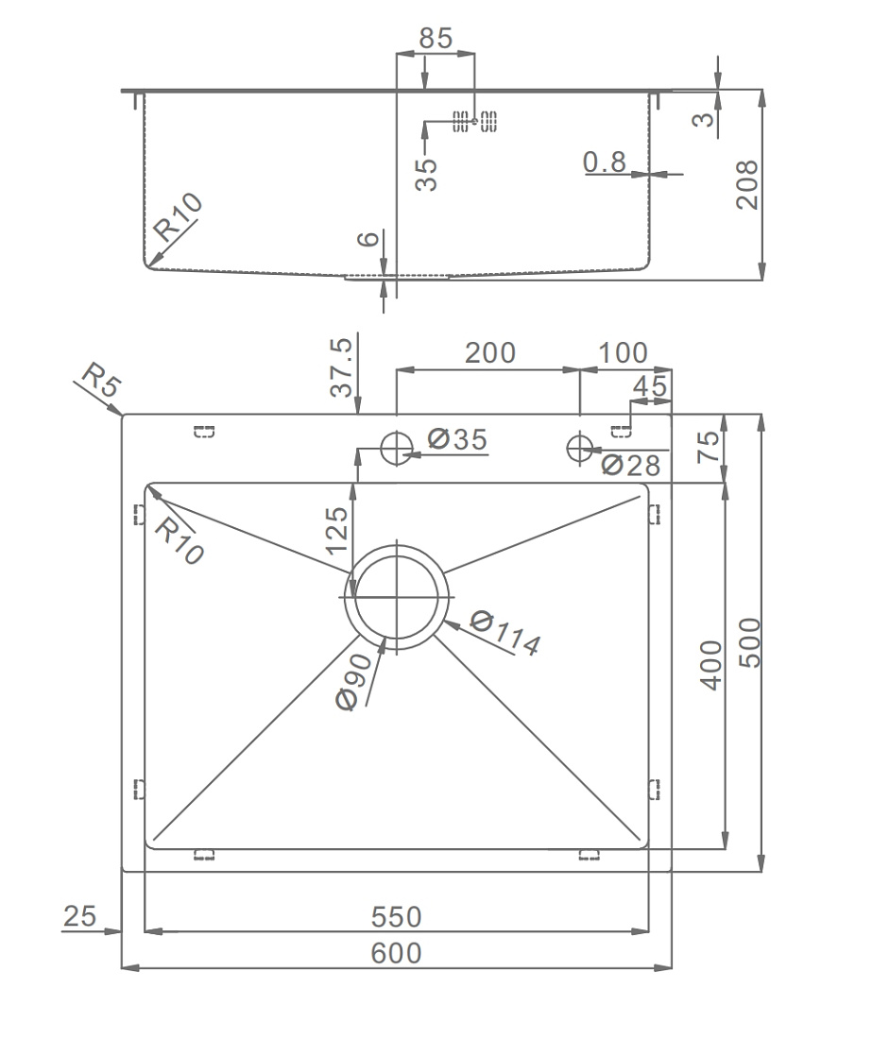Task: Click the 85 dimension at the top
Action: tap(436, 39)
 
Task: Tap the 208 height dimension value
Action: tap(747, 185)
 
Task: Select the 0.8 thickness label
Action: tap(604, 162)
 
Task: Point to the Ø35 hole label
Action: tap(457, 438)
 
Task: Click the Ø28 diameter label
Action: tap(630, 465)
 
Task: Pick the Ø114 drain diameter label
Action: tap(505, 633)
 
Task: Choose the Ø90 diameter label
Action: tap(355, 682)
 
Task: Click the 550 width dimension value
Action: tap(396, 917)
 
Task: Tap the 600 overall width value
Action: tap(396, 954)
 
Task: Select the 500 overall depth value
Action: tap(750, 642)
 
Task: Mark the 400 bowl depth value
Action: tap(711, 665)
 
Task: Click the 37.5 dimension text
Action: tap(341, 367)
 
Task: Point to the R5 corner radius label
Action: tap(101, 381)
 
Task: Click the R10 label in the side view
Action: tap(177, 216)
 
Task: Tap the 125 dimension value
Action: tap(336, 530)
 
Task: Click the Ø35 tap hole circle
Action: tap(397, 434)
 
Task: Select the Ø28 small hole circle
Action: tap(580, 435)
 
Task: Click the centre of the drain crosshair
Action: tap(397, 598)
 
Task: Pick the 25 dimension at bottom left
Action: tap(79, 916)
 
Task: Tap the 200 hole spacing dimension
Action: tap(490, 353)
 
